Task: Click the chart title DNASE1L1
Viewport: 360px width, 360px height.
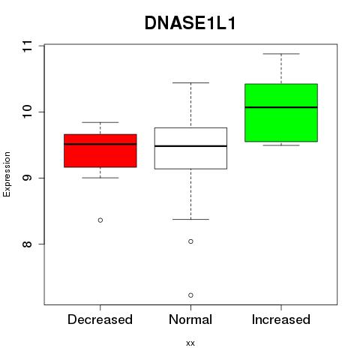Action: coord(190,23)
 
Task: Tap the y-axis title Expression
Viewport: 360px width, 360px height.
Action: coord(7,174)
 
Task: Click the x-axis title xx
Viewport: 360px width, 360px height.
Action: coord(190,343)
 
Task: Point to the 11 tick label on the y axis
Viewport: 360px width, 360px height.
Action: coord(27,46)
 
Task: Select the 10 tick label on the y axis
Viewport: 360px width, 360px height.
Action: coord(27,112)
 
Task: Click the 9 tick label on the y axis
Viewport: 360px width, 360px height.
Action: coord(27,178)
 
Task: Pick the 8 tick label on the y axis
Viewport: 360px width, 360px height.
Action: coord(27,244)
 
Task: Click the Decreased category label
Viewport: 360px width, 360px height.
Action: coord(100,319)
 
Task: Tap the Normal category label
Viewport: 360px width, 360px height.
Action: coord(190,319)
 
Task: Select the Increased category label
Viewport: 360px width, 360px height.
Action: coord(281,319)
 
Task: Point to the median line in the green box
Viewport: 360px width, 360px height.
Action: coord(281,107)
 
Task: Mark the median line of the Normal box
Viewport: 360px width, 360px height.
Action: coord(190,146)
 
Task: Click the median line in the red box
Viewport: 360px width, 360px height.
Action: coord(100,144)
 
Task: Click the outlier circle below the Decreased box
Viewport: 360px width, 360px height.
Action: coord(100,220)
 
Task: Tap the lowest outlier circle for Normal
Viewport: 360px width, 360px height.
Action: coord(190,295)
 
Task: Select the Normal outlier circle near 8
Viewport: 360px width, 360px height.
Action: coord(190,241)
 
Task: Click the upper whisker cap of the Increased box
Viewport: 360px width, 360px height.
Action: coord(281,54)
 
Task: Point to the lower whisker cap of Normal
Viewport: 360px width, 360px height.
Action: coord(190,219)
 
